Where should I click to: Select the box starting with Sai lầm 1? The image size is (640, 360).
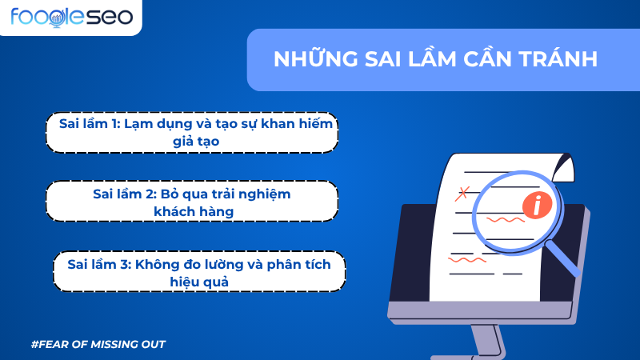click(x=190, y=132)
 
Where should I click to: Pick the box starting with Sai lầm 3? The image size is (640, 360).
click(x=200, y=272)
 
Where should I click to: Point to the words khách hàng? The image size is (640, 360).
click(x=192, y=211)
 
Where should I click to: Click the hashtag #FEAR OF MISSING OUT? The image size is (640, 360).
click(x=98, y=344)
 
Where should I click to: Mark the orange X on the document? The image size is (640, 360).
click(x=461, y=193)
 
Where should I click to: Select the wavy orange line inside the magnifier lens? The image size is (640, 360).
click(x=505, y=218)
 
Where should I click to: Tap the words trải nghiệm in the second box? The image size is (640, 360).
click(x=254, y=194)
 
